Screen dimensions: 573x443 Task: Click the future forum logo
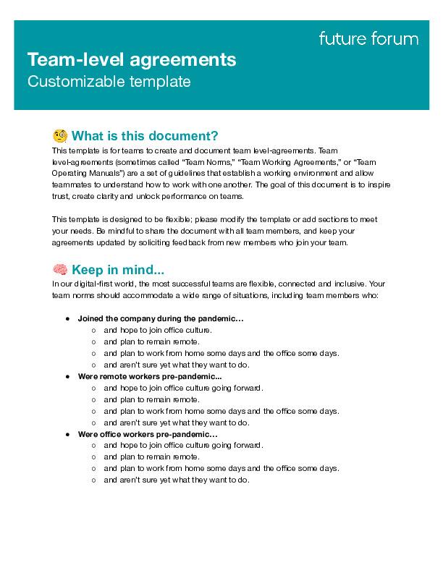tap(368, 39)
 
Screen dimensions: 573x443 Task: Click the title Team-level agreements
tap(132, 59)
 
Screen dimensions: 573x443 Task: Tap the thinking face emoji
tap(60, 136)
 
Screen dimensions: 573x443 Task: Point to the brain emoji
tap(60, 270)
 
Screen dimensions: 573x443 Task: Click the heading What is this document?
tap(145, 136)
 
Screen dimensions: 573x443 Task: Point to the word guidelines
tap(199, 174)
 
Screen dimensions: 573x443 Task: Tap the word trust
tap(60, 197)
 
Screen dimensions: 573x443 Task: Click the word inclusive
tap(350, 284)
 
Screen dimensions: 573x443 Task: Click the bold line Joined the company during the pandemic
tap(161, 318)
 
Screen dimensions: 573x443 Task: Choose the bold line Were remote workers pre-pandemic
tap(150, 376)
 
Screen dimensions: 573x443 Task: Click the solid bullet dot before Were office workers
tap(67, 434)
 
